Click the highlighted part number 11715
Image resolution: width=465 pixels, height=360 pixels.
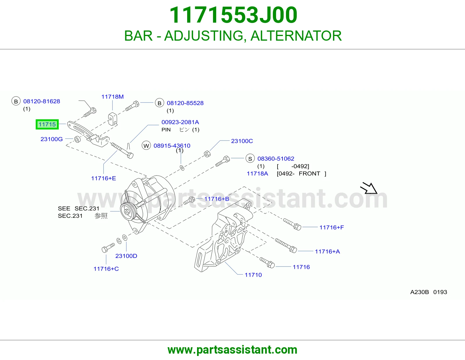(47, 124)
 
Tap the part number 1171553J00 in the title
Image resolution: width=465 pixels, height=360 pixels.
(233, 15)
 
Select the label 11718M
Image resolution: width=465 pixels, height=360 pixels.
(112, 97)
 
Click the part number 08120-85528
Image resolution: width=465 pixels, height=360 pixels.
(185, 103)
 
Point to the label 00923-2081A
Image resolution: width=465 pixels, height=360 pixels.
(180, 122)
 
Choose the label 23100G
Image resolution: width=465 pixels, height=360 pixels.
(51, 139)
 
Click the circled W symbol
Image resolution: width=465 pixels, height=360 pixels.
(146, 146)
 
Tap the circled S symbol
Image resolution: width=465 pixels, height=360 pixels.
(250, 159)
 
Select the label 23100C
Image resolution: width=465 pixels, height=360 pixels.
(242, 141)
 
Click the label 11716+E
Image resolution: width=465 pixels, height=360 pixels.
(103, 178)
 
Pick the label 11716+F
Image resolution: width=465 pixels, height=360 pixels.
(332, 227)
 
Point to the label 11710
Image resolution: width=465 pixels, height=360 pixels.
(253, 275)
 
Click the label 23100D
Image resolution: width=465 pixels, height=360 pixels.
(126, 256)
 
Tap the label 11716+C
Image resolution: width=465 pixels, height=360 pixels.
(106, 269)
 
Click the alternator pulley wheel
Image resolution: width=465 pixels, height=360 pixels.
(127, 212)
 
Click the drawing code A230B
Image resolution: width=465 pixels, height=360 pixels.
(419, 292)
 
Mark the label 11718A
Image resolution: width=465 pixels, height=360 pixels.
(257, 173)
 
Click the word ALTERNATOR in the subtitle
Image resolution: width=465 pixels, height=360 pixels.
(296, 36)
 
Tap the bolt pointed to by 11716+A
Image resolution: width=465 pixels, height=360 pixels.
(286, 245)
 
